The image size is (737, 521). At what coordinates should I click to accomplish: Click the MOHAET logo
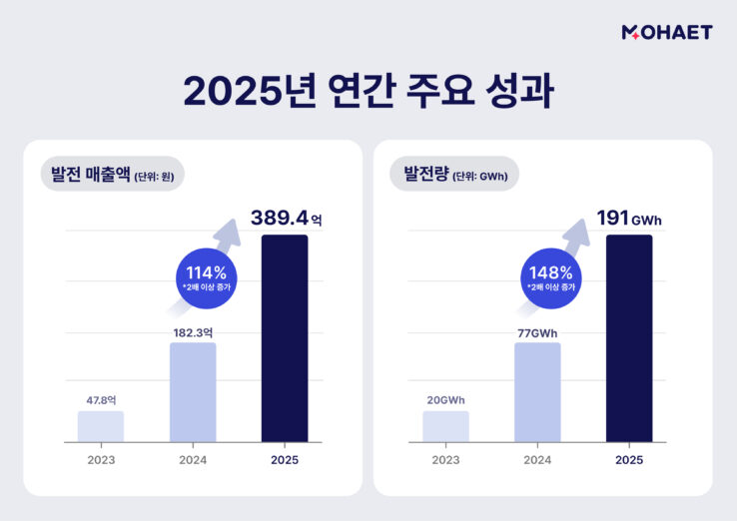click(666, 32)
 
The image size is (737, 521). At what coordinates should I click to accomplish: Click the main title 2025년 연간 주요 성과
click(368, 90)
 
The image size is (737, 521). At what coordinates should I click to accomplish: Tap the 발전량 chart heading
click(454, 175)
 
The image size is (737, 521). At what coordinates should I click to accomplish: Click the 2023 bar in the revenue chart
click(101, 426)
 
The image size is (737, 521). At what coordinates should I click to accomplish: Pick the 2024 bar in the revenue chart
click(193, 392)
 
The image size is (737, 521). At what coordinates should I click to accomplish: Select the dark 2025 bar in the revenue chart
click(285, 338)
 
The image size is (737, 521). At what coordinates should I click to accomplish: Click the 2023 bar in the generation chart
click(445, 426)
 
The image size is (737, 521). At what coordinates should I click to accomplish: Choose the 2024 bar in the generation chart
click(537, 392)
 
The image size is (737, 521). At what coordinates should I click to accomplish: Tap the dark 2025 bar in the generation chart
click(629, 338)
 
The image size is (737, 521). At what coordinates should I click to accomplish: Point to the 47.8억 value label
click(101, 399)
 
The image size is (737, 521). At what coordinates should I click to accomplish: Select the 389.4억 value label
click(285, 218)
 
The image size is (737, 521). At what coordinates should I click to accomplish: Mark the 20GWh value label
click(445, 400)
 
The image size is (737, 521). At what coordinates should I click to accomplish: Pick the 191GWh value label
click(629, 218)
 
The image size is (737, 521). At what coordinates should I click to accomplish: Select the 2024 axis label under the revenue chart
click(193, 460)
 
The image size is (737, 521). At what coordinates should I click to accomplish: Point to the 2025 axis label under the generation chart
click(629, 460)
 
